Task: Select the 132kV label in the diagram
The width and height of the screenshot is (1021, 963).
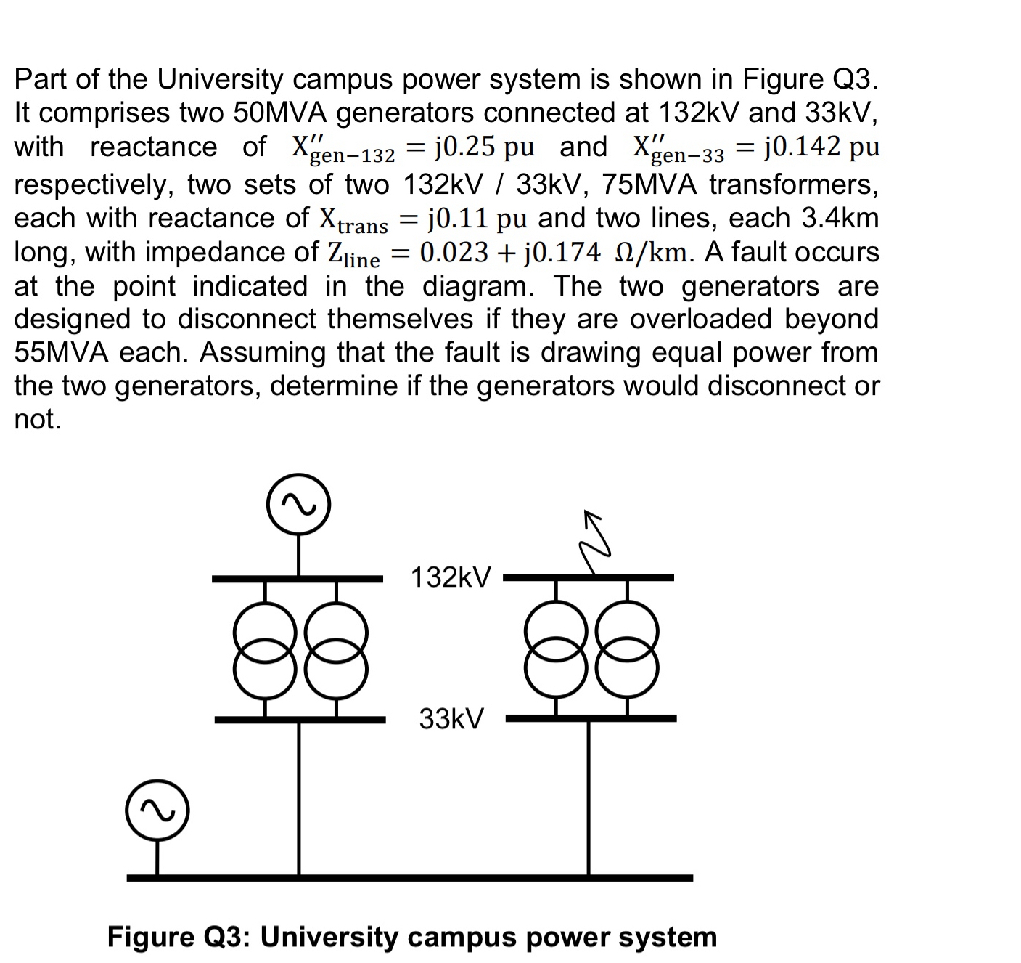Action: [451, 578]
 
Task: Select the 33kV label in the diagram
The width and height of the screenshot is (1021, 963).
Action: [451, 719]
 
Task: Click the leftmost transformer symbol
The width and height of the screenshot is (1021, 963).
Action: [265, 649]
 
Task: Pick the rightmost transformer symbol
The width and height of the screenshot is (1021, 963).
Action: [628, 649]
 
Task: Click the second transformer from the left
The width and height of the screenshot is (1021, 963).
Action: [335, 649]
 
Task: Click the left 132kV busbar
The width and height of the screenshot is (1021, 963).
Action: [297, 579]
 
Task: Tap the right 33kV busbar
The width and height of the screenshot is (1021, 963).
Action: [591, 718]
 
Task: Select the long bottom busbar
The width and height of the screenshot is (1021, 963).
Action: [409, 877]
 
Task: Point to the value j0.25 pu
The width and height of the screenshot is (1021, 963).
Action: [484, 147]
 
